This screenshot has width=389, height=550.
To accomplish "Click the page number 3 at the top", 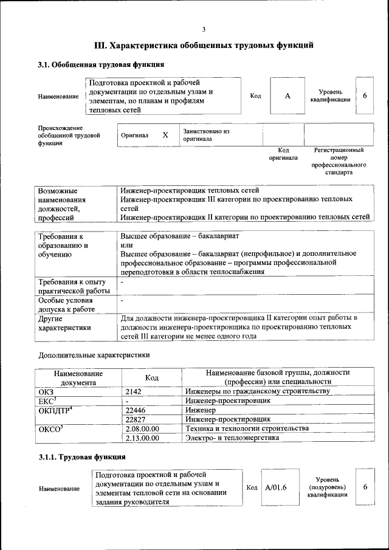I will coord(204,29).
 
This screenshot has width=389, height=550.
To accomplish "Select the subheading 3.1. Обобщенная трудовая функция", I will coord(100,64).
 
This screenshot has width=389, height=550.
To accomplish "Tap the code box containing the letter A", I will coord(287,96).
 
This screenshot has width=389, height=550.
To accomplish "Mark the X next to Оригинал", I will coord(165,135).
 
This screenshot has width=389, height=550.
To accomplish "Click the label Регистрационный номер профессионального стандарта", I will coord(339,160).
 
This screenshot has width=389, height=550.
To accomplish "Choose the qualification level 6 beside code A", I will coord(365,96).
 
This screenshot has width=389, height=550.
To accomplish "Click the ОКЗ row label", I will coord(46,392).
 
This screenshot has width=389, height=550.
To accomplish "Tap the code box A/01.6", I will coord(275,487).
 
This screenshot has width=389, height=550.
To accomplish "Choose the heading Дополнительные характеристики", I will coord(94,355).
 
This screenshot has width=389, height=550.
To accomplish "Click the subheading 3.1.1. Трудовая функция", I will coord(82,456).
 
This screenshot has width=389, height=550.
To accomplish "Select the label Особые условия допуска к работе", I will coord(65,304).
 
